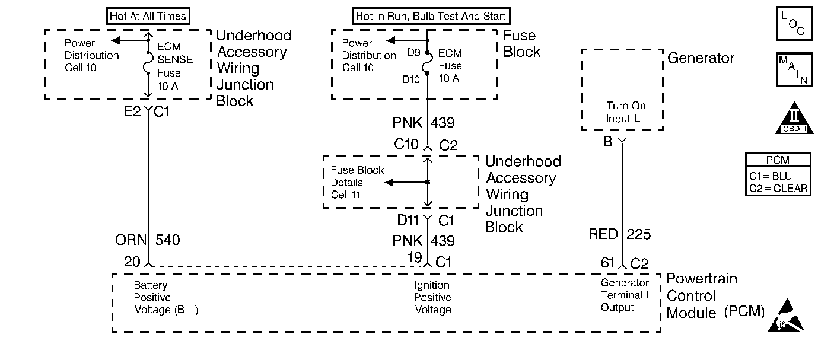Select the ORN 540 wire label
[147, 240]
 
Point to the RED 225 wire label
[619, 234]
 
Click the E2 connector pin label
[133, 111]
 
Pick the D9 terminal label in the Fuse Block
[413, 53]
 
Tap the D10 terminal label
[412, 79]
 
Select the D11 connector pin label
[409, 221]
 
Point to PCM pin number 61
[607, 263]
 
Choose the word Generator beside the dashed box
[701, 58]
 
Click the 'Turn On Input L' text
[625, 112]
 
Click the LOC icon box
[793, 25]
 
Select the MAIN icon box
[793, 71]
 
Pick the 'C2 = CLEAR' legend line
[778, 189]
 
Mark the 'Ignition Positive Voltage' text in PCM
[432, 298]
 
